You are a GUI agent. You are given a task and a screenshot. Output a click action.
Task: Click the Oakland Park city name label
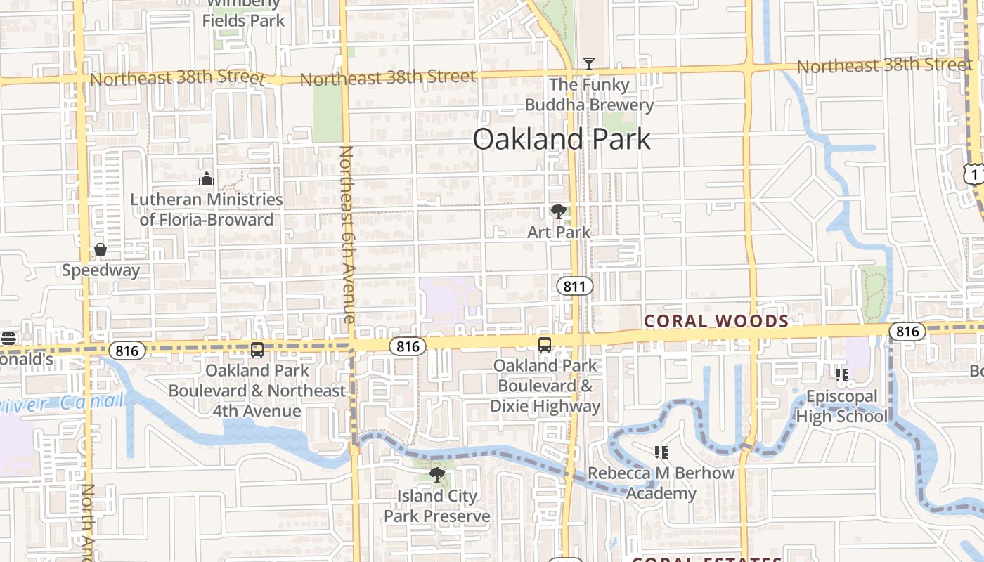(x=562, y=139)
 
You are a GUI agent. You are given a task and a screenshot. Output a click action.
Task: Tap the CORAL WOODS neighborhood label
(x=716, y=321)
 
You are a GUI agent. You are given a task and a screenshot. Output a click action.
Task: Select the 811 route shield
(x=575, y=286)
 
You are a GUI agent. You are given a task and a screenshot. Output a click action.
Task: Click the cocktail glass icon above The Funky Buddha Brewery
(x=589, y=64)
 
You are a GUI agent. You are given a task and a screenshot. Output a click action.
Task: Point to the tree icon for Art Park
(x=559, y=211)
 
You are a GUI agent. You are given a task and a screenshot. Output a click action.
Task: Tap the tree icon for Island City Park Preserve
(x=436, y=475)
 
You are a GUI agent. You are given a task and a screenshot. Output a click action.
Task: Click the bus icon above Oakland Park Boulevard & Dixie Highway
(x=545, y=344)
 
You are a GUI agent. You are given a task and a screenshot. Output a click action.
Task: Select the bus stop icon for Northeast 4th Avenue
(x=257, y=349)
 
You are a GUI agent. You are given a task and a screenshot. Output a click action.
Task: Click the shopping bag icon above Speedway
(x=101, y=249)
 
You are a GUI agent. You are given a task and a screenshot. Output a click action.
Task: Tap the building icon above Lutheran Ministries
(x=206, y=178)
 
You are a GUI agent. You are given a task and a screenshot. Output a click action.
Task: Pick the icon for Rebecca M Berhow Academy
(x=661, y=452)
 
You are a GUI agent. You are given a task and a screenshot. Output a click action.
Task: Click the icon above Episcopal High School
(x=841, y=375)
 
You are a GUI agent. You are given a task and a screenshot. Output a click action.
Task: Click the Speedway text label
(x=101, y=270)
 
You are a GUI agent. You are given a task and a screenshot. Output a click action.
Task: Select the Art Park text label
(x=559, y=232)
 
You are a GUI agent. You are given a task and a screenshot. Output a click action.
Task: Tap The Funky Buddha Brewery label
(x=589, y=95)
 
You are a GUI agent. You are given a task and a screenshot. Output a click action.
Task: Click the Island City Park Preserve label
(x=436, y=506)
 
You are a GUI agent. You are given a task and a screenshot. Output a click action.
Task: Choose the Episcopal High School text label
(x=841, y=406)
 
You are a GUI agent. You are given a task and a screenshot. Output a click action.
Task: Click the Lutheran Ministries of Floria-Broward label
(x=206, y=209)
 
